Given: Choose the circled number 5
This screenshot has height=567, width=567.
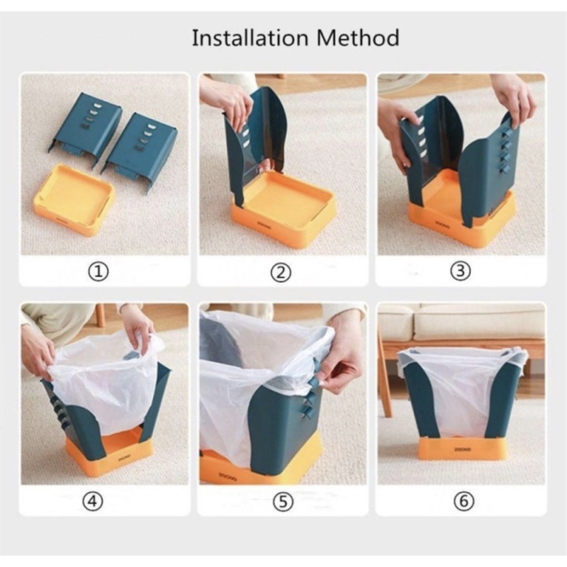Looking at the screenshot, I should (x=283, y=501).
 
